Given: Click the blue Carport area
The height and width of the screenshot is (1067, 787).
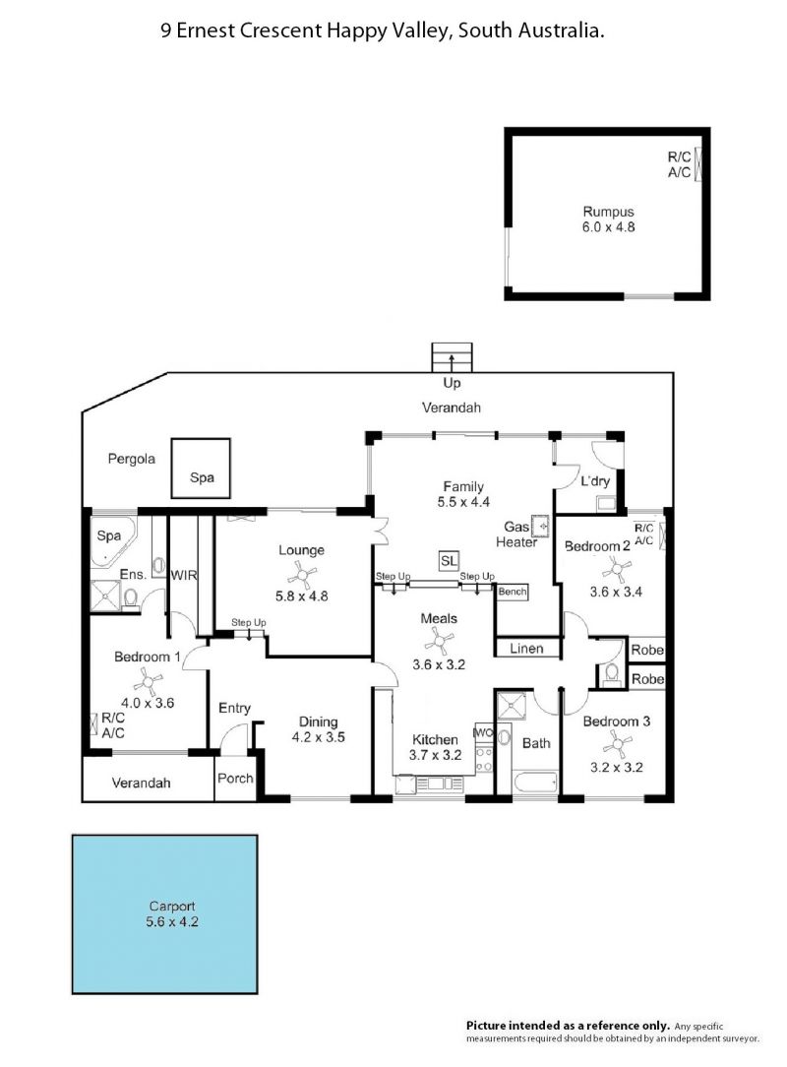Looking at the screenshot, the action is point(164,913).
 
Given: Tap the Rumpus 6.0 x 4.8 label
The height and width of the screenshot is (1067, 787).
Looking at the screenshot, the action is point(608,220).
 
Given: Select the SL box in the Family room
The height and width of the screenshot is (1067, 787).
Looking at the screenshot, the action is point(449,561).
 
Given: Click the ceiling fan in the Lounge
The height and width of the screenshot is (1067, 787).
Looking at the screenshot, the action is point(301,574).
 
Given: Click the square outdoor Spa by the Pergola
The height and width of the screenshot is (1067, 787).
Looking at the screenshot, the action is point(201,469).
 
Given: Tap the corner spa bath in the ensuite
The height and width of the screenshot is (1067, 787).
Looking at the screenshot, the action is point(112,541).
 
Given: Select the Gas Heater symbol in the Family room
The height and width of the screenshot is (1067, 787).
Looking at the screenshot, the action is point(541,526).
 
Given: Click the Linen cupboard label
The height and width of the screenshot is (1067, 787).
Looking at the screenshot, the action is point(526,649).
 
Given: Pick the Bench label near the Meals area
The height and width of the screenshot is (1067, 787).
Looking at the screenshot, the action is point(513,592).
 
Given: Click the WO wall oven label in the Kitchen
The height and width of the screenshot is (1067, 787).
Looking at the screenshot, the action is point(484,733).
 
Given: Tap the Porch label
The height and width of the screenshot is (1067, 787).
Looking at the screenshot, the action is point(235,778).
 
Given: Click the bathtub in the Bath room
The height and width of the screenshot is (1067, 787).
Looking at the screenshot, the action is point(535,783).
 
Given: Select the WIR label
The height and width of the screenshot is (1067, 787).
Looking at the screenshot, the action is point(184,575).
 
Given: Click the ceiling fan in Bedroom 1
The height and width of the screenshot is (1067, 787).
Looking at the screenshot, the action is point(148,680).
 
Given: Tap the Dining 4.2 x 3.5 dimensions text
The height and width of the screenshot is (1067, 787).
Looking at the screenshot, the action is point(319,737).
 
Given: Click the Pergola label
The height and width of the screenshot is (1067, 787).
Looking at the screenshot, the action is point(131,460).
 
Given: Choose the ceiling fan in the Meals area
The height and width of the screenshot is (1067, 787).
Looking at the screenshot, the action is point(439,641).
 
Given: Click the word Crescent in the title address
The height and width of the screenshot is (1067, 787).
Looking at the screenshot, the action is point(281,31).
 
